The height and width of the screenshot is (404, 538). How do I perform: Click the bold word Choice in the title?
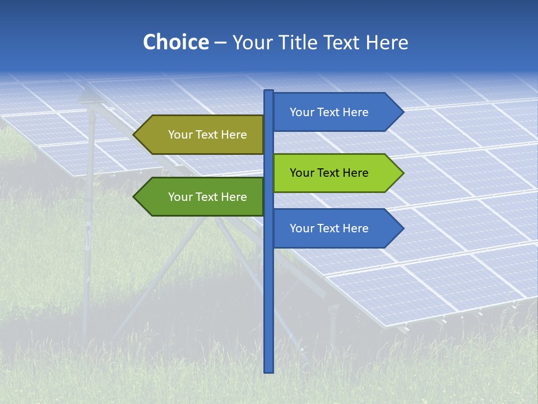[x=175, y=42]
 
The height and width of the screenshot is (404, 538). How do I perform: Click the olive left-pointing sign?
[x=202, y=135]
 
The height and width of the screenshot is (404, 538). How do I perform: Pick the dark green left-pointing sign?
[x=202, y=197]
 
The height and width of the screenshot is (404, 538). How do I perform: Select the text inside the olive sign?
[x=207, y=135]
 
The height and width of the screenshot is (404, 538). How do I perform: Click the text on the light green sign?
[x=329, y=173]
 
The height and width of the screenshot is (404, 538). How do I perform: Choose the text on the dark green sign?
[x=207, y=197]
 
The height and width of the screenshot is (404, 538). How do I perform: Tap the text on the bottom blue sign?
[x=329, y=228]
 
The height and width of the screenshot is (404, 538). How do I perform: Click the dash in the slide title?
[x=220, y=43]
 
